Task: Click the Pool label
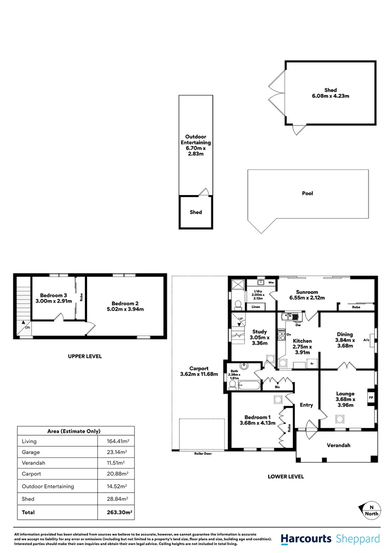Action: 307,194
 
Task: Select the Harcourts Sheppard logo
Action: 330,539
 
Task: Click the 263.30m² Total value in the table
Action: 116,512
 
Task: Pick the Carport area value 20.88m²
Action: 117,474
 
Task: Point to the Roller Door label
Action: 203,454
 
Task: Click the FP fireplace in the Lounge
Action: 371,397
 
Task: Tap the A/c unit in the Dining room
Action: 366,339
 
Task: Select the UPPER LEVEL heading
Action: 85,356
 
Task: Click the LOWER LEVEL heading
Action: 286,477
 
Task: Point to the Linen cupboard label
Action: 256,307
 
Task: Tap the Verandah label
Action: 339,445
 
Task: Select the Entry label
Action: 306,405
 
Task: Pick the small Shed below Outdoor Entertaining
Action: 196,212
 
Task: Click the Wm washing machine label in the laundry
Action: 271,282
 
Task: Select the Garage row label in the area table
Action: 31,453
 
